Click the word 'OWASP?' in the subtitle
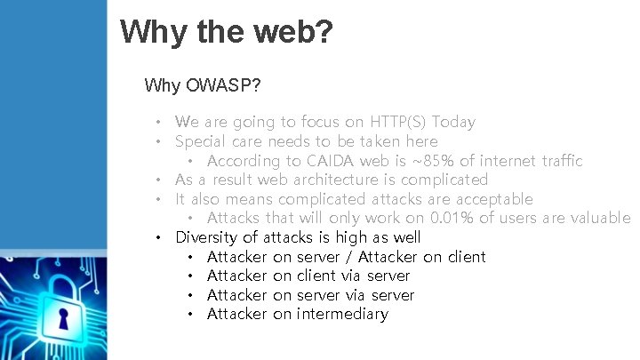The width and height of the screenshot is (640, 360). click(221, 86)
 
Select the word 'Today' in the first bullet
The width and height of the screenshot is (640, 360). click(453, 122)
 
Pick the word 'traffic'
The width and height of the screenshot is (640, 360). click(556, 161)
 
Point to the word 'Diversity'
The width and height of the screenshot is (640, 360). click(207, 237)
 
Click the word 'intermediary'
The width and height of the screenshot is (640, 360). click(342, 314)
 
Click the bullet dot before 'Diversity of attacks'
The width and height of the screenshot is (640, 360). click(157, 238)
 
